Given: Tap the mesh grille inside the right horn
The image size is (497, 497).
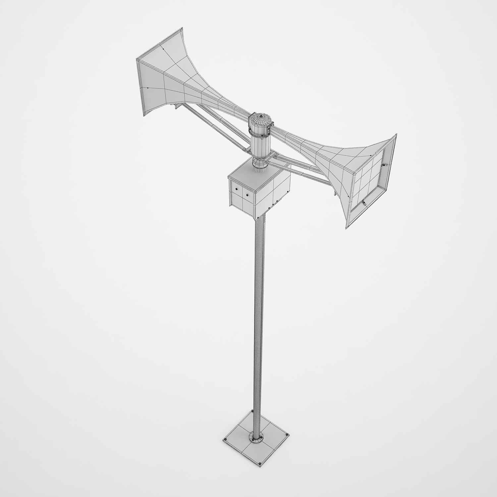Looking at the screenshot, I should coord(368,179).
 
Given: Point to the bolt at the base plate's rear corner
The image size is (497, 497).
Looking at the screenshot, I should coord(252,411).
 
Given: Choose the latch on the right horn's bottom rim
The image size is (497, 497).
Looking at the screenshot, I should coord(364,203).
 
